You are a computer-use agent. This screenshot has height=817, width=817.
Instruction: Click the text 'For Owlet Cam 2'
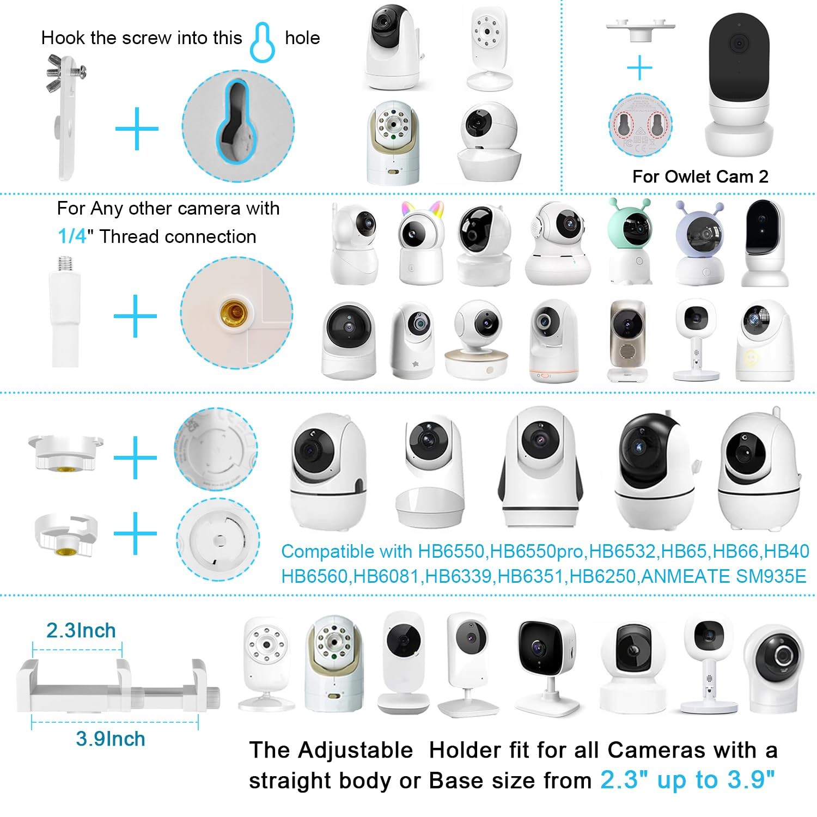(x=700, y=176)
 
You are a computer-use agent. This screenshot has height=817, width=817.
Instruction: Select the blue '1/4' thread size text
(x=72, y=236)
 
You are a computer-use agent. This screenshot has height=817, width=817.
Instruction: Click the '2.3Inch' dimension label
(x=81, y=630)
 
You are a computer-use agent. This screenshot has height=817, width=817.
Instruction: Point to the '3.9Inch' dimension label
(x=111, y=739)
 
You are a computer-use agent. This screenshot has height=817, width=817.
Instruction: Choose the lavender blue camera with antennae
(x=699, y=243)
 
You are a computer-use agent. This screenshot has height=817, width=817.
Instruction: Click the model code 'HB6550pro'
(x=536, y=552)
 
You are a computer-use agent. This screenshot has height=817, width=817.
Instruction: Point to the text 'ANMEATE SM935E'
(x=724, y=576)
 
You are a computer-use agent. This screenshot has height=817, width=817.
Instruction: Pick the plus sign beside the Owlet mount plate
(x=639, y=68)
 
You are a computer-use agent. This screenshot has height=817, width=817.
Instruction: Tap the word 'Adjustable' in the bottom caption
(x=356, y=751)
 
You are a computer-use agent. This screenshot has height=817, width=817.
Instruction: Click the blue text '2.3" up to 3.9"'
(x=687, y=780)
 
